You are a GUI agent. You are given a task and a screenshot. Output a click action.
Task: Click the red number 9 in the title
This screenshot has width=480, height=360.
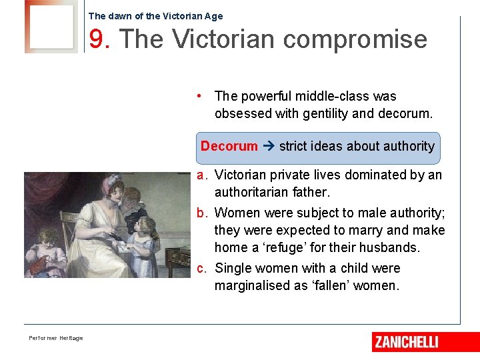tap(99, 39)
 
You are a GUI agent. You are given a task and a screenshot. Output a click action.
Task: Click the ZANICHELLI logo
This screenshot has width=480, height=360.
tap(407, 342)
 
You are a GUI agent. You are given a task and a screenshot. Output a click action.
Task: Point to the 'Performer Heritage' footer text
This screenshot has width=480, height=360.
tap(56, 338)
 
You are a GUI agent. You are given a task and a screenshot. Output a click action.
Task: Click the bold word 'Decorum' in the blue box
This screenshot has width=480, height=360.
tap(229, 146)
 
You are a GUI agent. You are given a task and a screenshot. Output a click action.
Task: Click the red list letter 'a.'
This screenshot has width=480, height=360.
tap(202, 175)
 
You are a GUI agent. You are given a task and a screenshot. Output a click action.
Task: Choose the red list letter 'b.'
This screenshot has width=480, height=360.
tap(202, 213)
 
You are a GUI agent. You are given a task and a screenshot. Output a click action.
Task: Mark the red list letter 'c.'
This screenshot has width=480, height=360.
tap(202, 268)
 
